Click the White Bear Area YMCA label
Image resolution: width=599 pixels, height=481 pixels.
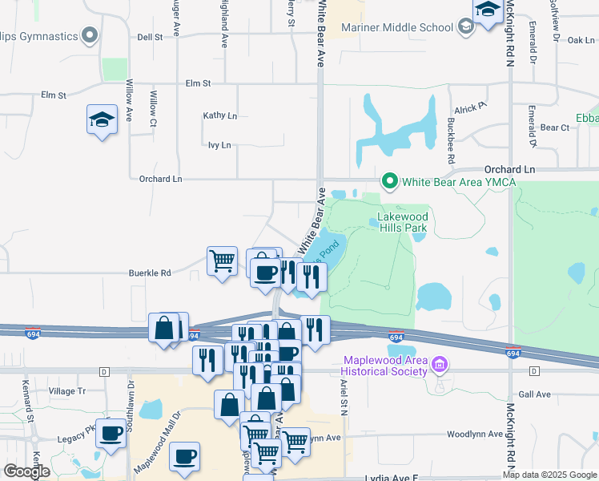pyautogui.click(x=459, y=182)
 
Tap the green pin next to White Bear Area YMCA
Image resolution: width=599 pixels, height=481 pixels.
pyautogui.click(x=390, y=181)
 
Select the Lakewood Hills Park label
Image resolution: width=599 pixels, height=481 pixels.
pyautogui.click(x=404, y=222)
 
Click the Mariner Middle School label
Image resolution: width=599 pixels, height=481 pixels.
pyautogui.click(x=397, y=27)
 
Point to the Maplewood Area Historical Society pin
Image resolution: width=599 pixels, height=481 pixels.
pyautogui.click(x=439, y=366)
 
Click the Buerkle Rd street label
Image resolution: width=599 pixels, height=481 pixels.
pyautogui.click(x=151, y=273)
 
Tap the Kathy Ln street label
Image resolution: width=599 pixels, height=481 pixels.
pyautogui.click(x=220, y=115)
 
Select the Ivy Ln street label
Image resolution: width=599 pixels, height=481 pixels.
pyautogui.click(x=219, y=145)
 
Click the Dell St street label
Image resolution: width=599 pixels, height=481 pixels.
pyautogui.click(x=150, y=37)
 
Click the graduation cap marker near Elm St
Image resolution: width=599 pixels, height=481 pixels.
pyautogui.click(x=102, y=121)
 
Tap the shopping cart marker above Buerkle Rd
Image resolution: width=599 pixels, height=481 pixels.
pyautogui.click(x=222, y=261)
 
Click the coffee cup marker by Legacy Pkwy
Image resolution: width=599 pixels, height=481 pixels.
pyautogui.click(x=111, y=433)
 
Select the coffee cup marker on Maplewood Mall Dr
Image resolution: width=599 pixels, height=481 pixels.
pyautogui.click(x=185, y=456)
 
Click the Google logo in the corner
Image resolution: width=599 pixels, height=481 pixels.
pyautogui.click(x=27, y=471)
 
